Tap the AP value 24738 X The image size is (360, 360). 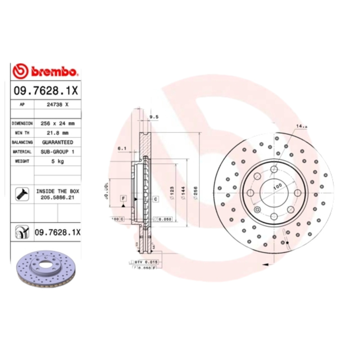(x=58, y=104)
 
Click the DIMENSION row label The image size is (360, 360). (x=22, y=123)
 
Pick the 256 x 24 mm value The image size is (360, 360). (x=58, y=123)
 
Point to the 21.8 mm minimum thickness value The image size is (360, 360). (x=58, y=133)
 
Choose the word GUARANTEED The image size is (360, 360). (x=58, y=142)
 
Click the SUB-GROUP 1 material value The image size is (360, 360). (x=58, y=152)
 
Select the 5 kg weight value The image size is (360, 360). (x=58, y=161)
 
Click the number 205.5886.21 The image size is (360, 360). (x=58, y=197)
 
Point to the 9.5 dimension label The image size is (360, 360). (x=153, y=117)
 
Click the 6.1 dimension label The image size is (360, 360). (x=121, y=148)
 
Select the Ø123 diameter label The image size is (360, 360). (x=171, y=193)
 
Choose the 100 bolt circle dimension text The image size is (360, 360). (x=276, y=185)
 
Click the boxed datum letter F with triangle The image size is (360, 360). (x=122, y=198)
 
